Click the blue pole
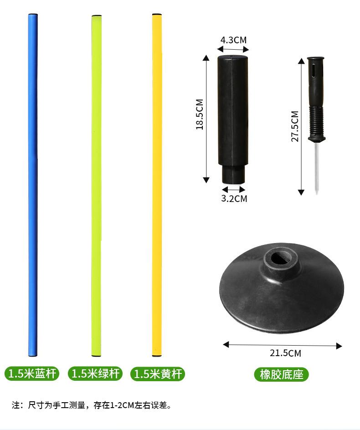click(x=33, y=185)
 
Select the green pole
click(x=97, y=186)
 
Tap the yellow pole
click(x=157, y=185)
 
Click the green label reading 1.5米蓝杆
click(x=32, y=373)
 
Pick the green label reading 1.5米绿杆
click(x=95, y=373)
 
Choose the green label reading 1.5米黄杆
click(x=158, y=374)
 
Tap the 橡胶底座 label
click(x=281, y=374)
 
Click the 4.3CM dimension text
click(x=233, y=40)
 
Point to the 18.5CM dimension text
click(x=200, y=114)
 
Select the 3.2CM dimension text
click(x=234, y=198)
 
